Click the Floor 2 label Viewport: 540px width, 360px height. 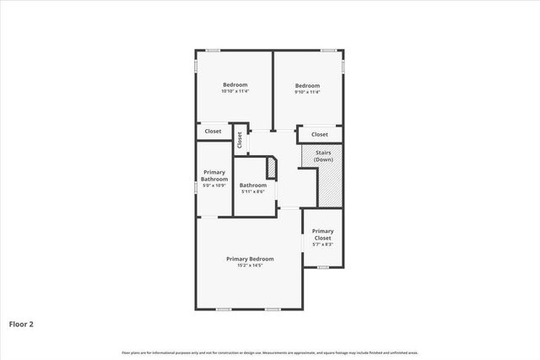pos(21,323)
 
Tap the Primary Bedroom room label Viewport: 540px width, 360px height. pos(250,258)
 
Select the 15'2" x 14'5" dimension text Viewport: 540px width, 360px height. pos(250,266)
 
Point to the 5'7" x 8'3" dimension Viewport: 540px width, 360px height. pos(322,244)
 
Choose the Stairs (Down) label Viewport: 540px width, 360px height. pos(322,157)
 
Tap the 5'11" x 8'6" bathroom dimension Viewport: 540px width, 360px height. pos(253,192)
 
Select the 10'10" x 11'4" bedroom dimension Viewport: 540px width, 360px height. pos(235,92)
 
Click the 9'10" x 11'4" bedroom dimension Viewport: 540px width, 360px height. pos(307,92)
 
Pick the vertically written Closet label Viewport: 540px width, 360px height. pos(240,141)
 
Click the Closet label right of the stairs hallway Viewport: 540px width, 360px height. pos(320,134)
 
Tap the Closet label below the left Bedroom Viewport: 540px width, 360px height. pos(213,132)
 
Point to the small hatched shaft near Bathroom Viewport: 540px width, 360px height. pos(273,166)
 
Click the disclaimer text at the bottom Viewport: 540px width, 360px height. pos(270,352)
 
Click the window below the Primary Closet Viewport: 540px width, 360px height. pos(322,267)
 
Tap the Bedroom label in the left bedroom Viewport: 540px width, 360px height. pos(235,85)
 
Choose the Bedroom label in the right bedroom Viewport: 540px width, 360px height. pos(307,85)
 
